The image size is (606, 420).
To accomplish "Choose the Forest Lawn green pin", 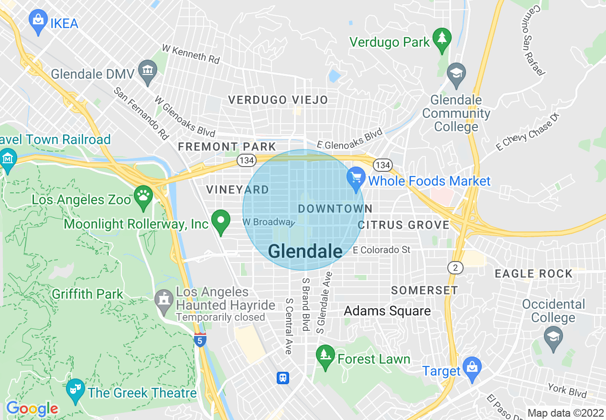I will pos(325,356).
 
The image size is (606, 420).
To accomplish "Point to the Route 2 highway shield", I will pos(455,267).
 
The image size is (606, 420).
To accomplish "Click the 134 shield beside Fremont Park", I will pos(247,160).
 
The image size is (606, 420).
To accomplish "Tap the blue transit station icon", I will pos(283,378).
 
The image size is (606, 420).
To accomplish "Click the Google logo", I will pos(32,409).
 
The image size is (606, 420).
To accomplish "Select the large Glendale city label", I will pos(305,252).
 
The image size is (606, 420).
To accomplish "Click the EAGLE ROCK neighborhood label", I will pos(533,273).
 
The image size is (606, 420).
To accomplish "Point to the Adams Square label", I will pos(387,311).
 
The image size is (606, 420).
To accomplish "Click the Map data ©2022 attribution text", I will pos(565,413).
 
